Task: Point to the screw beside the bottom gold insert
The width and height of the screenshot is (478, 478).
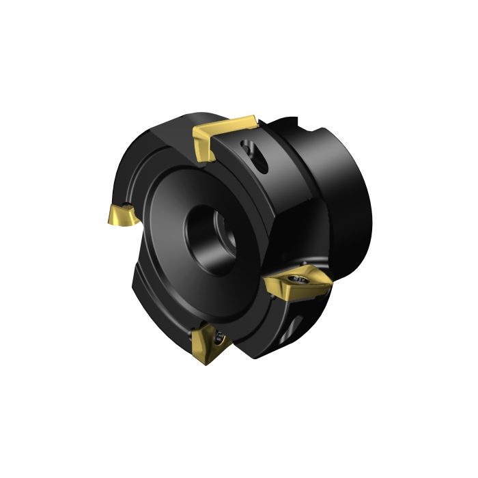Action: pyautogui.click(x=219, y=335)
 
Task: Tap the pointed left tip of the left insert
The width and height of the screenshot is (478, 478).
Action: pyautogui.click(x=109, y=219)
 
